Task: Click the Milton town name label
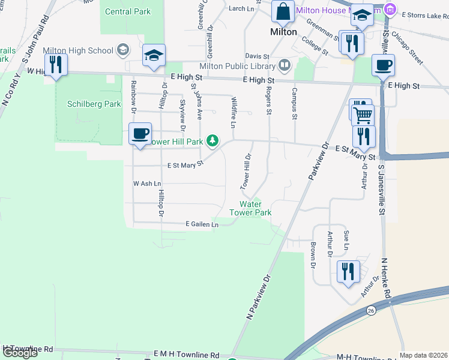(x=283, y=32)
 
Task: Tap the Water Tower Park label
(x=251, y=208)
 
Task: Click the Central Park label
(x=127, y=11)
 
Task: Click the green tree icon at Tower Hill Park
(x=212, y=141)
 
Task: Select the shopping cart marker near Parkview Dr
(x=362, y=114)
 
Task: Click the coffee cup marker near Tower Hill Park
(x=140, y=134)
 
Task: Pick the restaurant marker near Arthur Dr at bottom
(x=348, y=271)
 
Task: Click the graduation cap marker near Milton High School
(x=154, y=56)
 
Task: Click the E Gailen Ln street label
(x=202, y=224)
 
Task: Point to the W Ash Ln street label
(x=147, y=183)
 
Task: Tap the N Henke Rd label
(x=386, y=278)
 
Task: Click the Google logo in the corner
(x=20, y=353)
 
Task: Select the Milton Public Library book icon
(x=285, y=65)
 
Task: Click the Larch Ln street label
(x=241, y=8)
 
